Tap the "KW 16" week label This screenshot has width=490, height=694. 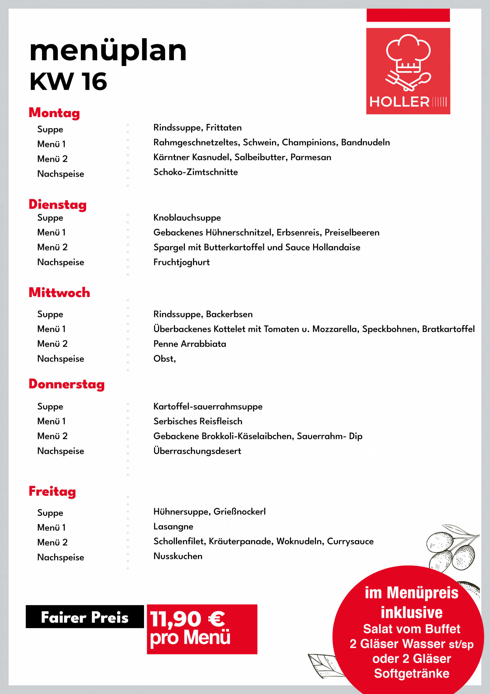coord(68,82)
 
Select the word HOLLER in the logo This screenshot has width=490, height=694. coord(399,102)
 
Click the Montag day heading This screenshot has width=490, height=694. coord(54,113)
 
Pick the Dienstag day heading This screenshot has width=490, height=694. coord(58,205)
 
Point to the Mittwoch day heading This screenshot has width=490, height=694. coord(60,293)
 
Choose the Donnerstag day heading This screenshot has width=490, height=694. coord(67,384)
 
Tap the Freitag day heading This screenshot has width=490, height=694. coord(52,491)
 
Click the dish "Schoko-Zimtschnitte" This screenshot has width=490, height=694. coord(195,172)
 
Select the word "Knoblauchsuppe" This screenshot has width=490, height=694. coord(187,218)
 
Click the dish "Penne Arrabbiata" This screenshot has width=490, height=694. coord(190,344)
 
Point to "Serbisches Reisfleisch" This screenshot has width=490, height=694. coord(198,421)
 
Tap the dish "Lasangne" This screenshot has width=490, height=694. coord(173,526)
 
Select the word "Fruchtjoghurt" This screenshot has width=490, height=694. coord(181,262)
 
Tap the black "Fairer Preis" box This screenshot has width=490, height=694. coord(85,617)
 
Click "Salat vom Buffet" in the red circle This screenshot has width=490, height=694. coord(411,629)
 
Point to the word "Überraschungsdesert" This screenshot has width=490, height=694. coord(197,451)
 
